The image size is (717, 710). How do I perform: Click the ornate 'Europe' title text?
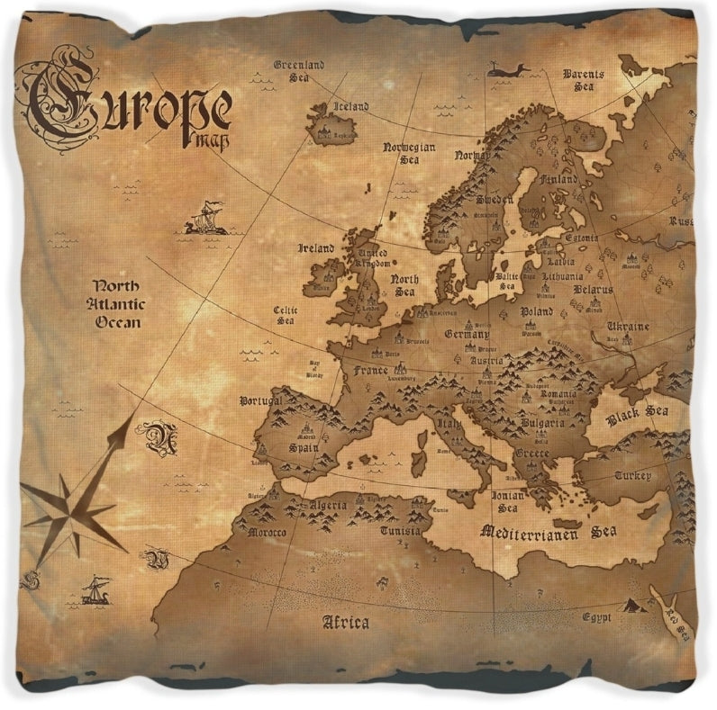pos(131,102)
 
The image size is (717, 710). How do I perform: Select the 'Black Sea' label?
pos(637,414)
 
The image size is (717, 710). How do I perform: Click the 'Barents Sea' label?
pos(584,79)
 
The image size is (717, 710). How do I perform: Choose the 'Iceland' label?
pos(350,106)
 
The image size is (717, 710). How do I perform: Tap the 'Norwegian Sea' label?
pos(409,152)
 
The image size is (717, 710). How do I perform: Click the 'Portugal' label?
pos(260,400)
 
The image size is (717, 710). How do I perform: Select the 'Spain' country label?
pos(304,446)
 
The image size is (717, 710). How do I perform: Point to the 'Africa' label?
pos(345,622)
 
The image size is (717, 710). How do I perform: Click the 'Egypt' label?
pos(596,617)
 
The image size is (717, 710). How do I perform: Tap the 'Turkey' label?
pos(632,474)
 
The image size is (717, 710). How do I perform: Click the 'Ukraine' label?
pos(627,326)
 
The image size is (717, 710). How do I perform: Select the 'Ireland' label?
pos(316,248)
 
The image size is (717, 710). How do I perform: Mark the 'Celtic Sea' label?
pos(286,314)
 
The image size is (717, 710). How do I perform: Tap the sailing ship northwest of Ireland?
pos(206,219)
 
